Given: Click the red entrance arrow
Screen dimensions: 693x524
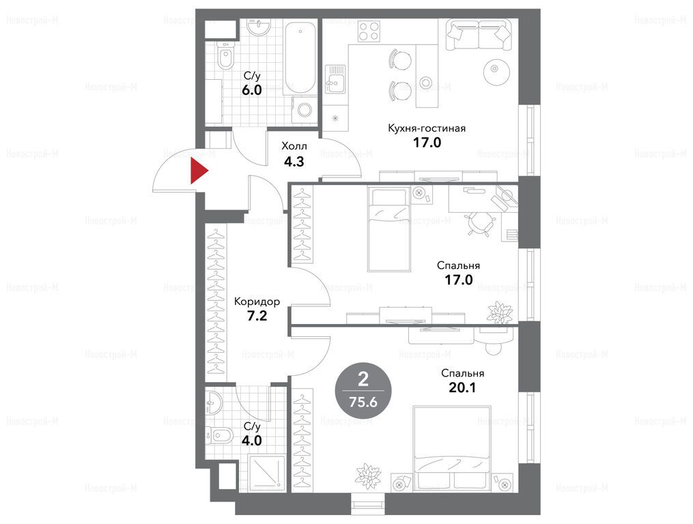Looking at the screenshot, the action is [x=198, y=171].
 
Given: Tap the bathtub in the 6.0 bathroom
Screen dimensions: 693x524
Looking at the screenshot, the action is [x=300, y=57].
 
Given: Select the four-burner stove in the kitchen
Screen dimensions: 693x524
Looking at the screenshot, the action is [x=369, y=31].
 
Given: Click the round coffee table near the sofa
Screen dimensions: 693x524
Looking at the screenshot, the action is [x=494, y=70].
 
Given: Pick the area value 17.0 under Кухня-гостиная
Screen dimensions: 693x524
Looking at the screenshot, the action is [x=427, y=143].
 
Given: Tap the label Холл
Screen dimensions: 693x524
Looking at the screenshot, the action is [x=294, y=146].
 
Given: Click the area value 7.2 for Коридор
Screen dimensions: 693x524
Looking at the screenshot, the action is [x=257, y=316].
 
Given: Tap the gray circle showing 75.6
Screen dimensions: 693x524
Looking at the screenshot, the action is [x=363, y=390].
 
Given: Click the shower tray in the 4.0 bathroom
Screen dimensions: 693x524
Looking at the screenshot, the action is [x=266, y=474].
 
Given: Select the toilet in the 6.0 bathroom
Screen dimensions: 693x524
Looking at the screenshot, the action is [x=225, y=57].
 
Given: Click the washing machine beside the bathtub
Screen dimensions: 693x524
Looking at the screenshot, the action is [x=304, y=108].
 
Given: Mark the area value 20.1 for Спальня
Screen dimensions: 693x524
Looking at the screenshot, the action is [x=462, y=388].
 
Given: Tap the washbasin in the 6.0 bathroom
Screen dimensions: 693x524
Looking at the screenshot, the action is [x=259, y=27].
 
